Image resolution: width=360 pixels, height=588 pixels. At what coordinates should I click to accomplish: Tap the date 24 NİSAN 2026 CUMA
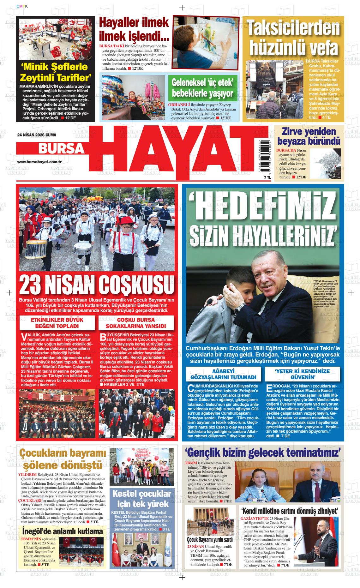(x=37, y=135)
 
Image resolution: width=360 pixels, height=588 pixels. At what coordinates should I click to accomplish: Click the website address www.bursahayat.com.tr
(x=39, y=162)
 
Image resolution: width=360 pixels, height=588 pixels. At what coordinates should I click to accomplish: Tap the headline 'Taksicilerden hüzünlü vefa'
(x=293, y=38)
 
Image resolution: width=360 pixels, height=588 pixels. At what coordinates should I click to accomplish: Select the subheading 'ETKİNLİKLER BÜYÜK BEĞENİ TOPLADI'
(x=57, y=323)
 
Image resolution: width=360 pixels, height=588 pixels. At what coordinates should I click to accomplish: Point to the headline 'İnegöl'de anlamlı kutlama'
(x=63, y=531)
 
